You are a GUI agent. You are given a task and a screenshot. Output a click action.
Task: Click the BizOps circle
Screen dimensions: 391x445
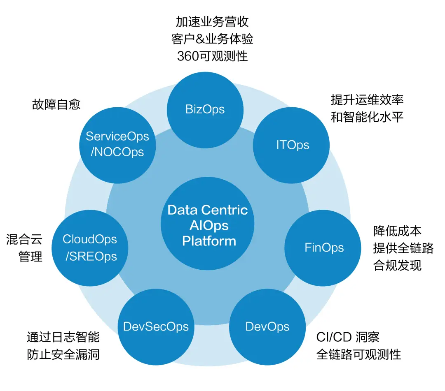[205, 109]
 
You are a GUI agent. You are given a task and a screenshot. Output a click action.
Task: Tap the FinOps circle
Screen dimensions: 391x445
[324, 248]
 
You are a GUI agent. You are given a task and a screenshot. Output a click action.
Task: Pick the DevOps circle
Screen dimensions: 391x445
[267, 327]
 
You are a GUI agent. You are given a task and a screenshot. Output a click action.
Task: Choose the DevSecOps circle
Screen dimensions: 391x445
[156, 327]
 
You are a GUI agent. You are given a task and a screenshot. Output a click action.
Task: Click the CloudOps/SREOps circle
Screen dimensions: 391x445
[90, 248]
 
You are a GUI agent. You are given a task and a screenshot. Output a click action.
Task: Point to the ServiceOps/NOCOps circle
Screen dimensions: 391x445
[117, 144]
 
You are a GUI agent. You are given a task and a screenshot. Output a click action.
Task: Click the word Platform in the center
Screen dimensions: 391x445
[209, 241]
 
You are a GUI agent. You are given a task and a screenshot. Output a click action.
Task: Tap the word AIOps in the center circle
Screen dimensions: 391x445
[209, 225]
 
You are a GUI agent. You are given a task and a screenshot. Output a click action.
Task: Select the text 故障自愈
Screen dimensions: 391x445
[56, 104]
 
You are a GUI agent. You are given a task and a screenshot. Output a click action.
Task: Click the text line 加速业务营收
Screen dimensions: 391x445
[212, 21]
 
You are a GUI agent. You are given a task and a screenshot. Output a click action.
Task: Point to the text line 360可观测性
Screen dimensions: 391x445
[212, 56]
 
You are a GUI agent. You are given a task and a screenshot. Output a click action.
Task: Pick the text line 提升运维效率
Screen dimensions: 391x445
[367, 99]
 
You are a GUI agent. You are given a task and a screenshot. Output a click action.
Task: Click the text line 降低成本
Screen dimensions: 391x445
[397, 231]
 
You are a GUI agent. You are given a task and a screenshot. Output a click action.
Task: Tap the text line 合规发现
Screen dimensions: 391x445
[397, 266]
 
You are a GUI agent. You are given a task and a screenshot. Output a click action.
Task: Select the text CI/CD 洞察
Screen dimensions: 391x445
[348, 337]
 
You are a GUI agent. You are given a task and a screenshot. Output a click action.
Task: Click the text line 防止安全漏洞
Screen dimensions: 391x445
[63, 354]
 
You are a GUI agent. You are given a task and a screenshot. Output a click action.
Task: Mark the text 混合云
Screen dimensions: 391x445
[24, 240]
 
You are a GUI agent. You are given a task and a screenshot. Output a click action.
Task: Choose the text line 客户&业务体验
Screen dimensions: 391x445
[212, 39]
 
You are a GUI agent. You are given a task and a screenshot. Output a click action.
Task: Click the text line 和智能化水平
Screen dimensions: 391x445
[367, 117]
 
